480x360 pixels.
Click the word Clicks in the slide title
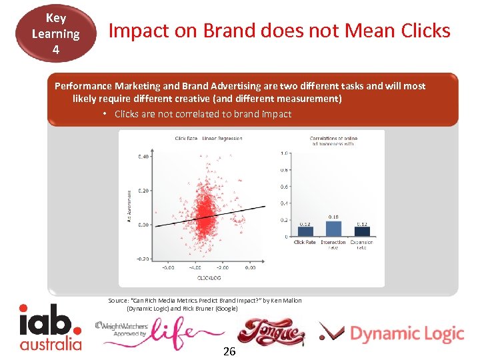click(x=420, y=31)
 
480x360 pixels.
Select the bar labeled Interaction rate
click(x=333, y=229)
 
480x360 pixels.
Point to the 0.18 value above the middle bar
click(x=333, y=217)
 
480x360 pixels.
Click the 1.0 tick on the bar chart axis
click(x=284, y=153)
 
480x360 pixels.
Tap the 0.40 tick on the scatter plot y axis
click(x=143, y=157)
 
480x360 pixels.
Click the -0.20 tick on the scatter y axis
click(x=142, y=259)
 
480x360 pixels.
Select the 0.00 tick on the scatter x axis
click(x=249, y=267)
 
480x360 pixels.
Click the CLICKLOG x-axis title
click(x=209, y=277)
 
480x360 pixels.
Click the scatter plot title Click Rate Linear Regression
click(x=209, y=139)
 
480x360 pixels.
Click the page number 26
click(x=229, y=351)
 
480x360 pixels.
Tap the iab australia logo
click(x=51, y=327)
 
